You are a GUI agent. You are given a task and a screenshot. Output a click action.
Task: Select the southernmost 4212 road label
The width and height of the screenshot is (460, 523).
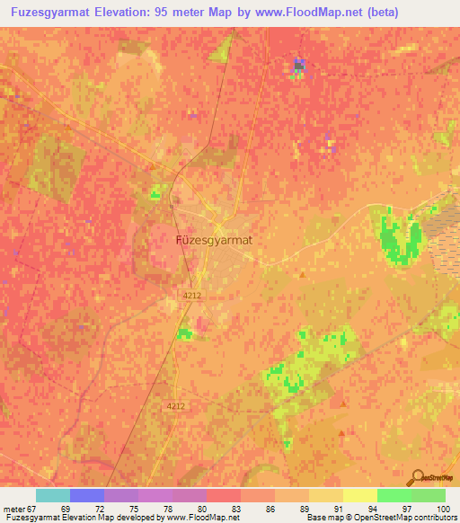(x=174, y=406)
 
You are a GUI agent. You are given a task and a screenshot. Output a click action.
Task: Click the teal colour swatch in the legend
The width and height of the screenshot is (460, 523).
(x=53, y=495)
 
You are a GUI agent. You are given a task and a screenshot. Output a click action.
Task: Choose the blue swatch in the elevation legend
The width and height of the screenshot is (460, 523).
(x=87, y=495)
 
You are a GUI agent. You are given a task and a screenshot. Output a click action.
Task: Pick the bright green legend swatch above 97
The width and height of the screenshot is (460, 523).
(x=394, y=495)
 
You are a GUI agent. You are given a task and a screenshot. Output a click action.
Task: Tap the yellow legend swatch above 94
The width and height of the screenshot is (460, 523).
(x=359, y=495)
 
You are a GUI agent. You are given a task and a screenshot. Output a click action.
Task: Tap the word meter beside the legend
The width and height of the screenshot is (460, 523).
(x=13, y=509)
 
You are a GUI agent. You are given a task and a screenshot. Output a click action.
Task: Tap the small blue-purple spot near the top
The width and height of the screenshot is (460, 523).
(x=297, y=66)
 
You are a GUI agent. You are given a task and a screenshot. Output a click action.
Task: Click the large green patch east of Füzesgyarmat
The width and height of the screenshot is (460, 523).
(x=401, y=235)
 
